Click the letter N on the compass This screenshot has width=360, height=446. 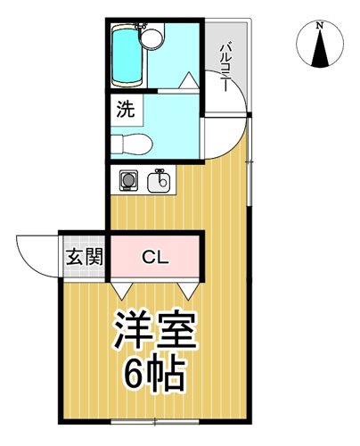320,26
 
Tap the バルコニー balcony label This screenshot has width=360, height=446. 225,67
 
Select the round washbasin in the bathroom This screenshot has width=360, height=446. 151,38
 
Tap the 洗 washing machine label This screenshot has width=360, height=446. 126,109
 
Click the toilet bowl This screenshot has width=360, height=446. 132,145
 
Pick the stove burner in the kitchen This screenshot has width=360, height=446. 128,180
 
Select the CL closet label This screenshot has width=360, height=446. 156,257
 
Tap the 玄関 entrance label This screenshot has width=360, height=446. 85,256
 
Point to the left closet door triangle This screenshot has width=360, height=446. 122,291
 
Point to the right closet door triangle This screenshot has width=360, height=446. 188,291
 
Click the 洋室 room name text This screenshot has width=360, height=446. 155,330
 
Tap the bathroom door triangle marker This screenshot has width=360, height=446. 188,80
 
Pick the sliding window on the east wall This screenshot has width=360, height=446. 250,161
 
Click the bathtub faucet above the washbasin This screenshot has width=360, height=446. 141,27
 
